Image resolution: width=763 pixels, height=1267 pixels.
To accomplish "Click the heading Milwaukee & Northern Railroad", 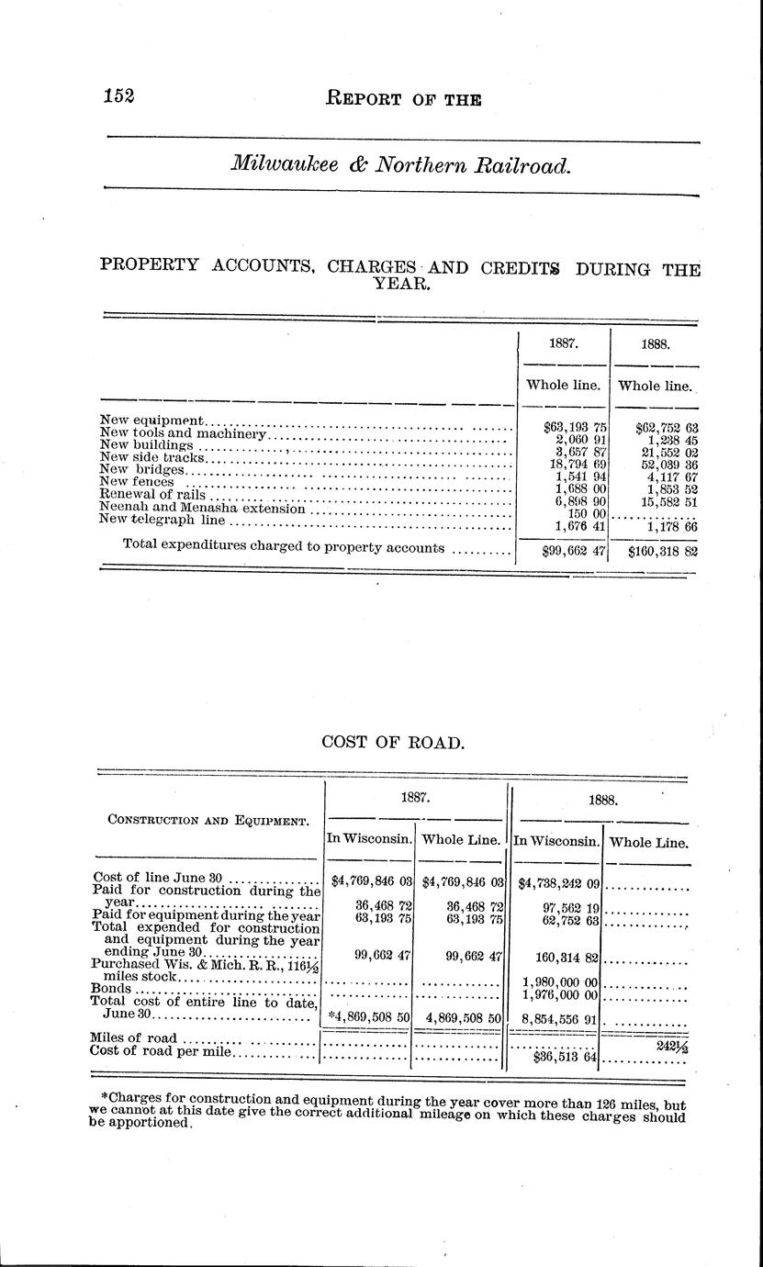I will click(402, 165).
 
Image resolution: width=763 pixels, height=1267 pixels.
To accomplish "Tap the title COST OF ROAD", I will click(393, 742).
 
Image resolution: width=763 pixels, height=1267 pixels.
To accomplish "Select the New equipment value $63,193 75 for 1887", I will click(575, 427).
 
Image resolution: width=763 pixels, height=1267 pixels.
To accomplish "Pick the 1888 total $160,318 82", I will click(664, 551).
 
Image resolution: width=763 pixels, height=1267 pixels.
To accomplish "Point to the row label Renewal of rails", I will click(152, 494).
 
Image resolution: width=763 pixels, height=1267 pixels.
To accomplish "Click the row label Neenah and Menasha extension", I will click(202, 508).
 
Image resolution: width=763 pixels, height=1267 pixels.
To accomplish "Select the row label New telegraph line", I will click(162, 521).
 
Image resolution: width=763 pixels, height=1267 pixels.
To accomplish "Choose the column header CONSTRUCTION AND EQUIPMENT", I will click(208, 821).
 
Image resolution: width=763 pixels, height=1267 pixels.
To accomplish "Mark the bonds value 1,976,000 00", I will click(561, 995).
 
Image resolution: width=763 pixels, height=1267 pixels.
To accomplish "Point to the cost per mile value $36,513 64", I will click(566, 1057).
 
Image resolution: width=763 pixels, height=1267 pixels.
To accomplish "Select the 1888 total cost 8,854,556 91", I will click(561, 1018).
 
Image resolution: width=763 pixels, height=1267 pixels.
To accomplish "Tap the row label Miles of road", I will click(129, 1037).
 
